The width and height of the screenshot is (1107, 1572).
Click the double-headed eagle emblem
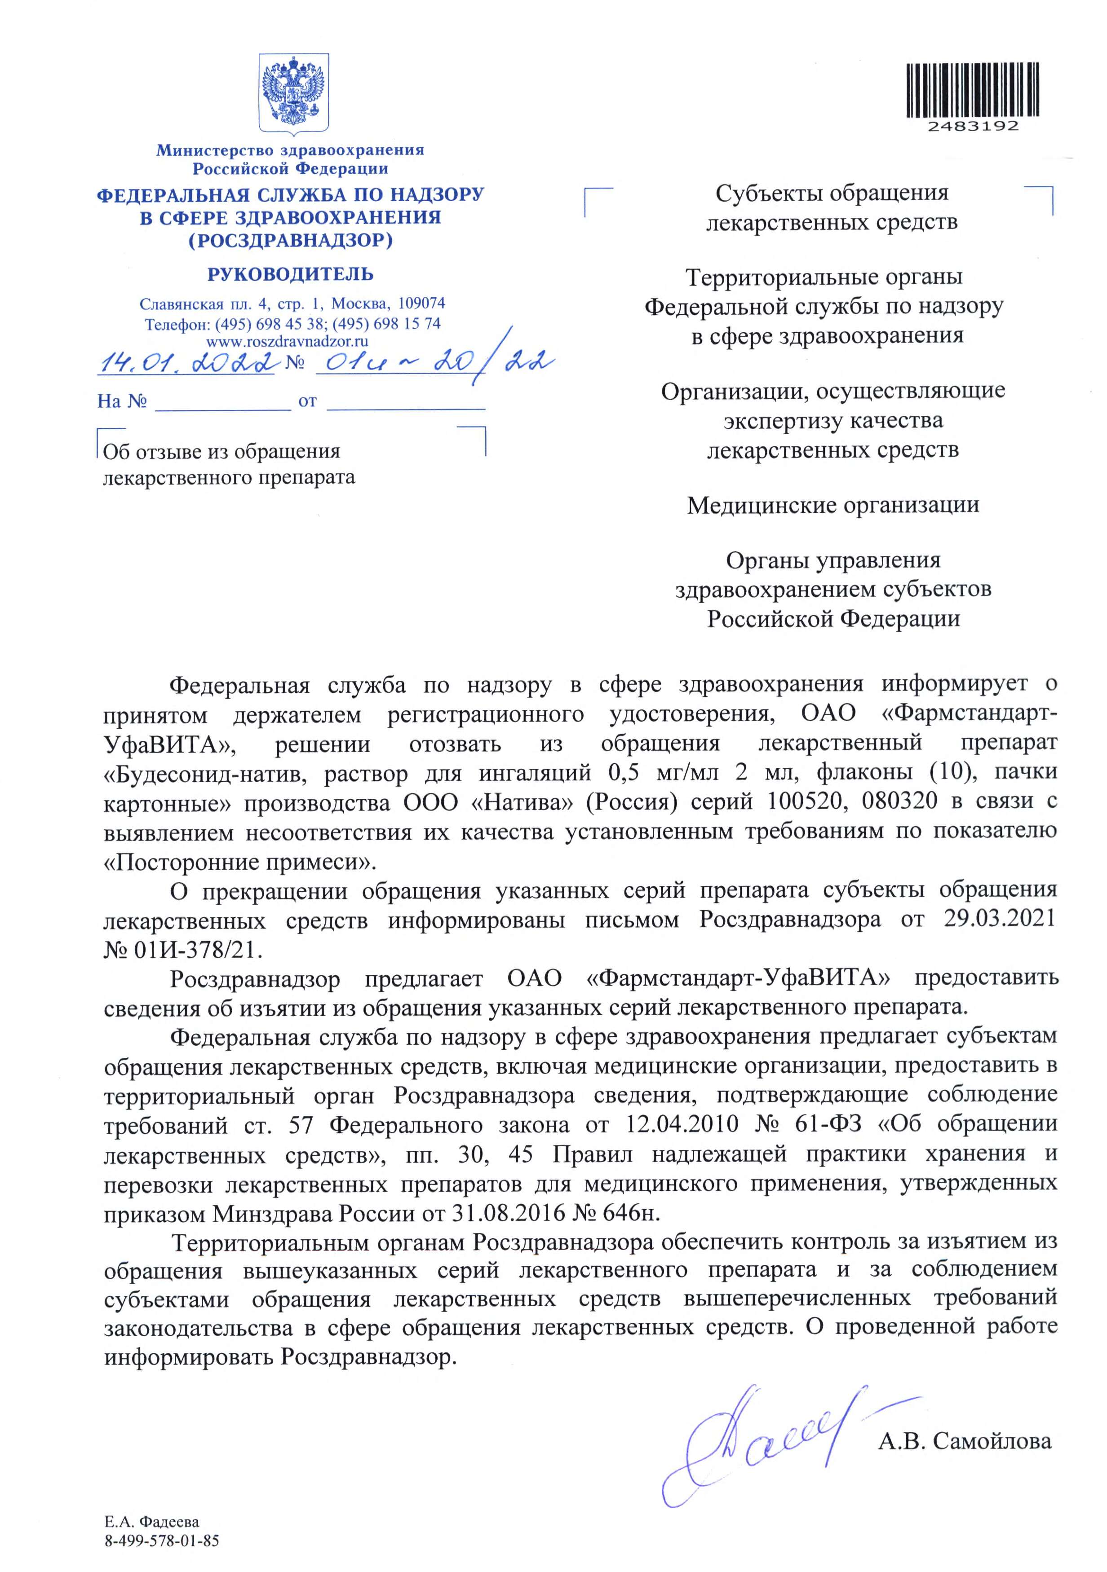[x=292, y=94]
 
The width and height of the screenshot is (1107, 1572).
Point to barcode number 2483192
[x=973, y=127]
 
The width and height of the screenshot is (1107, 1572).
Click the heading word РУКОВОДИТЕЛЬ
[x=290, y=274]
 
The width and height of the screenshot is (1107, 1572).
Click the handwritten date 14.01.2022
[x=186, y=361]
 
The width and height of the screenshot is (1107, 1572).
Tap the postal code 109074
[x=421, y=303]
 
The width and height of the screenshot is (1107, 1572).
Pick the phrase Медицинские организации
[x=833, y=505]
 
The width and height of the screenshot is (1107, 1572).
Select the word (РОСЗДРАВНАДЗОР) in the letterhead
[x=290, y=240]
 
